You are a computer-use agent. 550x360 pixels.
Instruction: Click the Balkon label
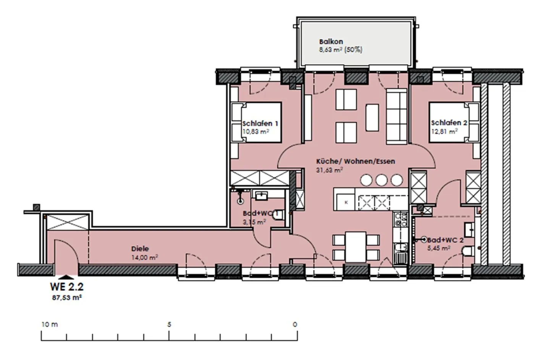point(331,42)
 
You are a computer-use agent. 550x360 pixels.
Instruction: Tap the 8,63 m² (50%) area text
point(341,50)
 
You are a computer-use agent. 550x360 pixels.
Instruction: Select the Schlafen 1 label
point(260,123)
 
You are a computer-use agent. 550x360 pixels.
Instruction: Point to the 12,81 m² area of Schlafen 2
point(445,132)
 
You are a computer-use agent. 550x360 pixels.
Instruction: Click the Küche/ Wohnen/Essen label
point(356,161)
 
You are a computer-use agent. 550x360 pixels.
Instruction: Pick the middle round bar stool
point(381,180)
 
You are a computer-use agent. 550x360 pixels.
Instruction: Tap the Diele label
point(140,249)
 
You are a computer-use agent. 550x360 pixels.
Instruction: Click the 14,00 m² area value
point(145,257)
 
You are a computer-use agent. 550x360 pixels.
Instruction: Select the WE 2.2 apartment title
point(67,287)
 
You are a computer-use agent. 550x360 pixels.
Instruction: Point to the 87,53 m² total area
point(67,298)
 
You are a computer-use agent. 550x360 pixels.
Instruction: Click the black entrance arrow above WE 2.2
point(66,277)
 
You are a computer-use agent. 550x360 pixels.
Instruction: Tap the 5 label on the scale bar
point(169,324)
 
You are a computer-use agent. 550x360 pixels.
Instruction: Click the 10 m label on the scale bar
point(50,324)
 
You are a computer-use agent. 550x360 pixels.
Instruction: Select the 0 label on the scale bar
point(295,324)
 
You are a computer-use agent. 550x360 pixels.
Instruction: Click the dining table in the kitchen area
point(356,247)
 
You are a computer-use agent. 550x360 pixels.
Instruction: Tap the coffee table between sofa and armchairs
point(372,118)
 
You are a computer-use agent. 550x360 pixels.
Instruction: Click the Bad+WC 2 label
point(445,240)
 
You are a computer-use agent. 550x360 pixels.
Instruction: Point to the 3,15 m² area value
point(254,222)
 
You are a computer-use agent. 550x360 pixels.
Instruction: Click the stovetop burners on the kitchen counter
point(400,220)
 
